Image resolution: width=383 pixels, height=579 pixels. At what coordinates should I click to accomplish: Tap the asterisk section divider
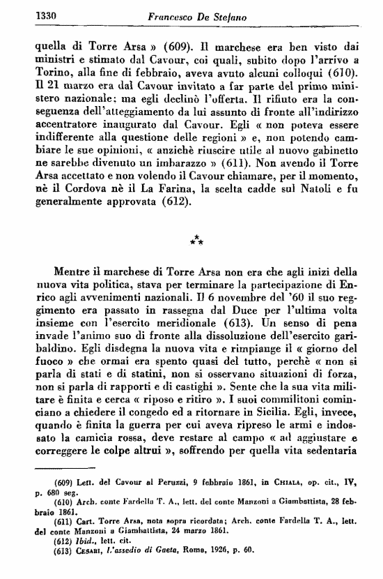point(196,241)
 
